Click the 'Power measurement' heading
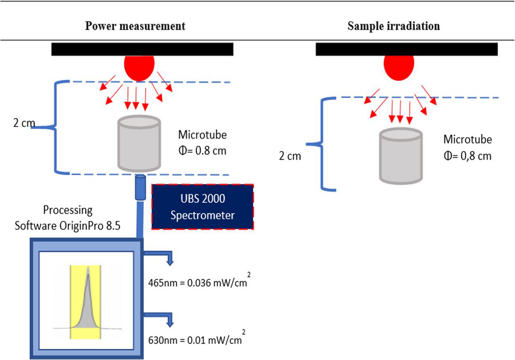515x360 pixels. point(135,26)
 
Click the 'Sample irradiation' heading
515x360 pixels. point(394,26)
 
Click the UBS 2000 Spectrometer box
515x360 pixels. point(202,207)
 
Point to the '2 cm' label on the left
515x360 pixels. point(24,123)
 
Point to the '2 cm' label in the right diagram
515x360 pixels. point(290,156)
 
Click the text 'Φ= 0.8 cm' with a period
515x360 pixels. point(202,151)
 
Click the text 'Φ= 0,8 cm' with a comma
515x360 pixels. point(467,156)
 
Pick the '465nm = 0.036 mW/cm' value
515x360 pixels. point(198,283)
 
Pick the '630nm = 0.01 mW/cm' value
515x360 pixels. point(195,340)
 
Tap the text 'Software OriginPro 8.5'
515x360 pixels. point(67,225)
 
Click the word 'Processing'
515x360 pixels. point(68,210)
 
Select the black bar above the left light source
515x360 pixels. point(142,49)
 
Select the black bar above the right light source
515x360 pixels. point(407,49)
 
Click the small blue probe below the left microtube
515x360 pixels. point(140,188)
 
